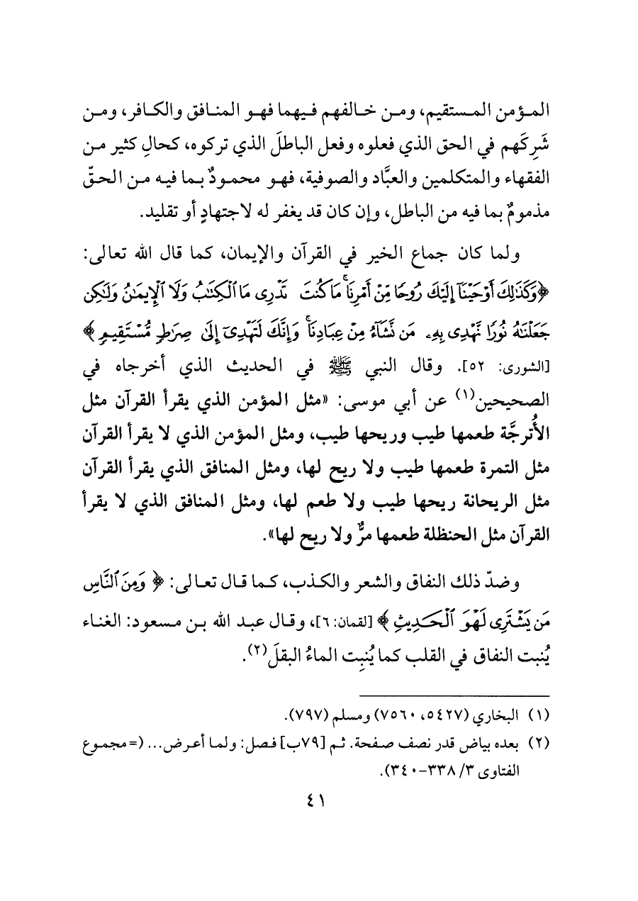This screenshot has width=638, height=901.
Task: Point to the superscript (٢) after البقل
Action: [x=262, y=635]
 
